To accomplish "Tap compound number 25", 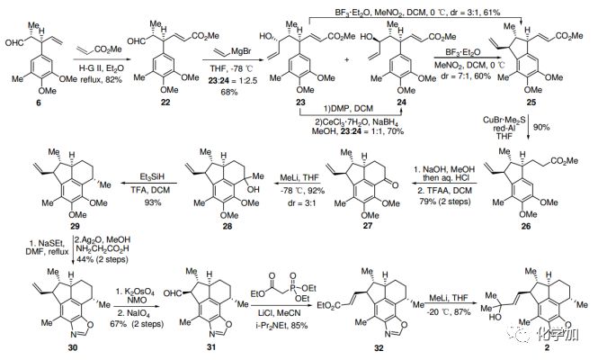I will tap(533, 105).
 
